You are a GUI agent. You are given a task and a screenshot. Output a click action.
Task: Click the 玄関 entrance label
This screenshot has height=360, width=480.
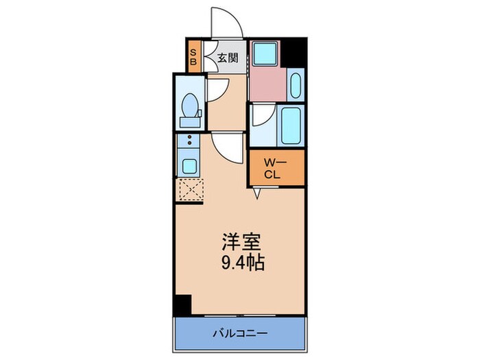pyautogui.click(x=228, y=58)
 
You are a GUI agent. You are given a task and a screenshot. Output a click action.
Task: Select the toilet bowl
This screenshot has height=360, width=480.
pyautogui.click(x=189, y=108)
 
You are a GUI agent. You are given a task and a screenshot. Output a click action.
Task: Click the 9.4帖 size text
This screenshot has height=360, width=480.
pyautogui.click(x=240, y=261)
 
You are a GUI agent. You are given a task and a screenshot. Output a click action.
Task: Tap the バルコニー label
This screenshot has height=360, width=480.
pyautogui.click(x=240, y=333)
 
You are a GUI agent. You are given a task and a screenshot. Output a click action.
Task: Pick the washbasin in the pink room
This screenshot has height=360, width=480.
pyautogui.click(x=296, y=86)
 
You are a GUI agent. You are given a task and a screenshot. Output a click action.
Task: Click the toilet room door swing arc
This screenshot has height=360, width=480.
pyautogui.click(x=218, y=89)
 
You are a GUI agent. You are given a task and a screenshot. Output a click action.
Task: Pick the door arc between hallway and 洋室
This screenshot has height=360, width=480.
pyautogui.click(x=226, y=144)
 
